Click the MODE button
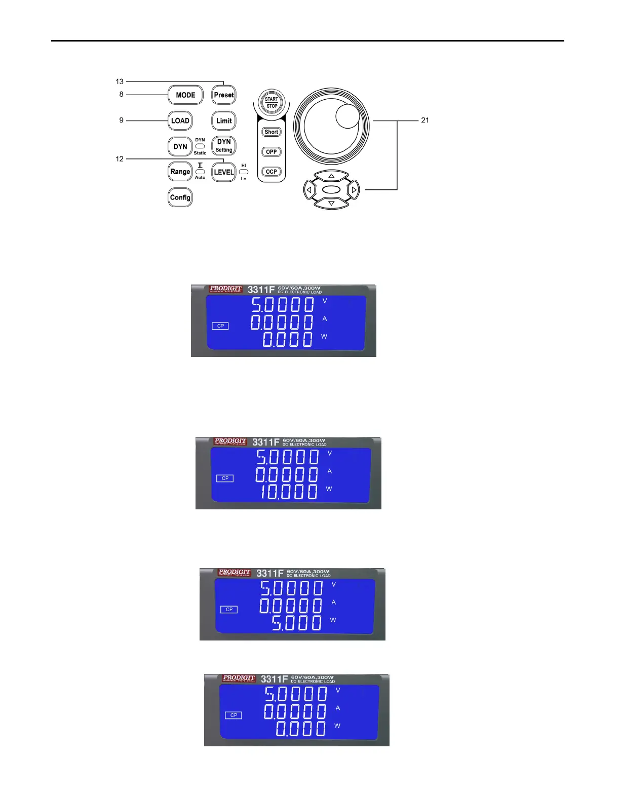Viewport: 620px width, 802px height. point(185,95)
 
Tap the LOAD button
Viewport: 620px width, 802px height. point(180,121)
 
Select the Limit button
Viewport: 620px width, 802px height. point(224,121)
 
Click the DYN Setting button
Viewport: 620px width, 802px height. point(224,146)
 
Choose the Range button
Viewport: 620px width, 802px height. point(180,172)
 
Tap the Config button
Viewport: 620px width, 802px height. point(180,197)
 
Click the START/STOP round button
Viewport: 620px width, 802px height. point(272,102)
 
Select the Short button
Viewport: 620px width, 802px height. point(272,132)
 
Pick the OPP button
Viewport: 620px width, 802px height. point(272,152)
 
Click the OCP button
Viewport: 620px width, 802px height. point(272,172)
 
